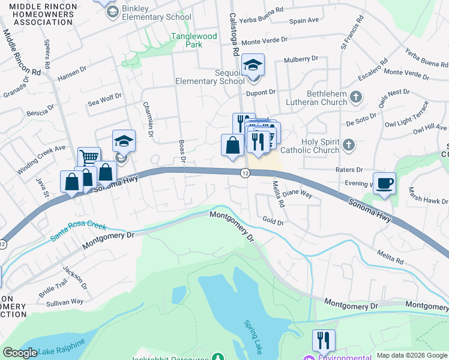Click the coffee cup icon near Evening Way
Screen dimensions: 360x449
point(384,182)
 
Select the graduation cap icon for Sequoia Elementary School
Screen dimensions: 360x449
point(253,64)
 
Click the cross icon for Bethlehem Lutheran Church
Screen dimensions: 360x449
point(356,97)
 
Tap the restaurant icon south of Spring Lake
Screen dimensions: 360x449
point(324,340)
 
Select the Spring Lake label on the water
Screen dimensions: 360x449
point(252,337)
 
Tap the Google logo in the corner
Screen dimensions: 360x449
point(20,353)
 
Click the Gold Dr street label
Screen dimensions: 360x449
point(273,221)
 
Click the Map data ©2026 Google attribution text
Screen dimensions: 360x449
point(412,355)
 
